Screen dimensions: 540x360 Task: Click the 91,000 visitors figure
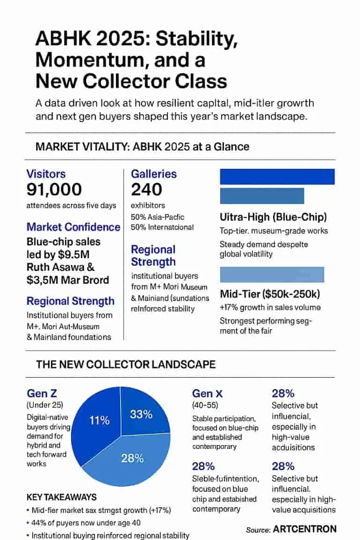tap(54, 189)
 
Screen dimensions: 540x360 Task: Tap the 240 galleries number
tap(146, 189)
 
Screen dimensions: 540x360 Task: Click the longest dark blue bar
tap(277, 177)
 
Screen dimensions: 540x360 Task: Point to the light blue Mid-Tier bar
tap(272, 275)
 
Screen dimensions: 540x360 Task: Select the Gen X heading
tap(208, 394)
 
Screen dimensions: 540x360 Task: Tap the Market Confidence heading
tap(73, 227)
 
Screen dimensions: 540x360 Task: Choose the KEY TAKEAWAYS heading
tap(61, 497)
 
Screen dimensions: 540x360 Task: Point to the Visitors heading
tap(46, 174)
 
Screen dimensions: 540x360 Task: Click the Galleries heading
tap(154, 174)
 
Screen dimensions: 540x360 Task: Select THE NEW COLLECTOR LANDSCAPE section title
tap(126, 365)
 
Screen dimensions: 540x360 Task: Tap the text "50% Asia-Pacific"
tap(158, 217)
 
